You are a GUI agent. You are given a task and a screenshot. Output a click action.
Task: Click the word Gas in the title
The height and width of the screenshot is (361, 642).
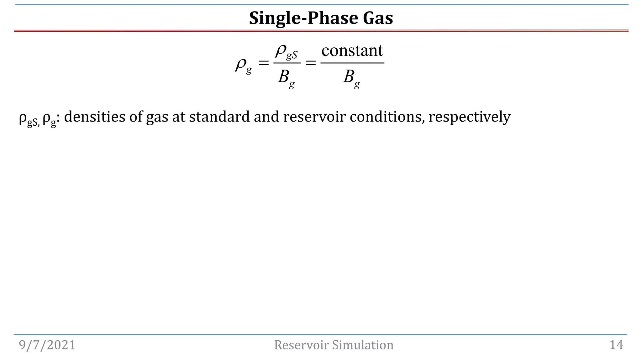click(378, 18)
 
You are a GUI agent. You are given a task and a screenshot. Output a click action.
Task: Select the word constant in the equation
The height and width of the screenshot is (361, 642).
click(352, 50)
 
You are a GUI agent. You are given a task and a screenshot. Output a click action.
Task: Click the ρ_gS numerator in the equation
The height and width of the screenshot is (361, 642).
click(286, 51)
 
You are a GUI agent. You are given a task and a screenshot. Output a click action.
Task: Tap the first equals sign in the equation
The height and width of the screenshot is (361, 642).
click(264, 63)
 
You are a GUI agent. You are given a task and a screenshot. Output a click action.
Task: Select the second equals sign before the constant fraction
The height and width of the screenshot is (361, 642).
click(310, 63)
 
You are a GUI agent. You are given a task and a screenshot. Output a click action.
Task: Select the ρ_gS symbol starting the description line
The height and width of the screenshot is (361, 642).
click(29, 118)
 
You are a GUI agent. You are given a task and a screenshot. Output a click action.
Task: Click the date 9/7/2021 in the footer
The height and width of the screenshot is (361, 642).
click(47, 345)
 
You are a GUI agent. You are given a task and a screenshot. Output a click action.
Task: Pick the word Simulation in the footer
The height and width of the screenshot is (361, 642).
click(363, 345)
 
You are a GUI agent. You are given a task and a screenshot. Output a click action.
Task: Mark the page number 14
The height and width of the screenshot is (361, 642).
click(616, 345)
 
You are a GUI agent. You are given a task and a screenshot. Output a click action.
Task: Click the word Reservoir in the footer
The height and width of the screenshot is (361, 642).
click(302, 345)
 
